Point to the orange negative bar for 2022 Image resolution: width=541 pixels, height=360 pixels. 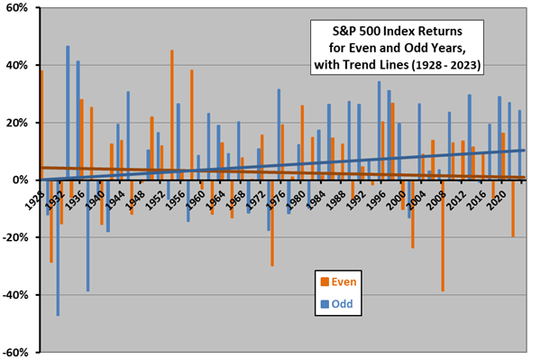coord(512,208)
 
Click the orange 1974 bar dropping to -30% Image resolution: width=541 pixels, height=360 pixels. coord(271,222)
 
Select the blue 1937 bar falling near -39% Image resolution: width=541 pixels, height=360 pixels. coord(87,235)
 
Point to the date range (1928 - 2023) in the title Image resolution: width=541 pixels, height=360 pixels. coord(446,65)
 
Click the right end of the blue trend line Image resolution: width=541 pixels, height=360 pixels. coord(523,151)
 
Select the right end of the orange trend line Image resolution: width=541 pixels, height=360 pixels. coord(523,178)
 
